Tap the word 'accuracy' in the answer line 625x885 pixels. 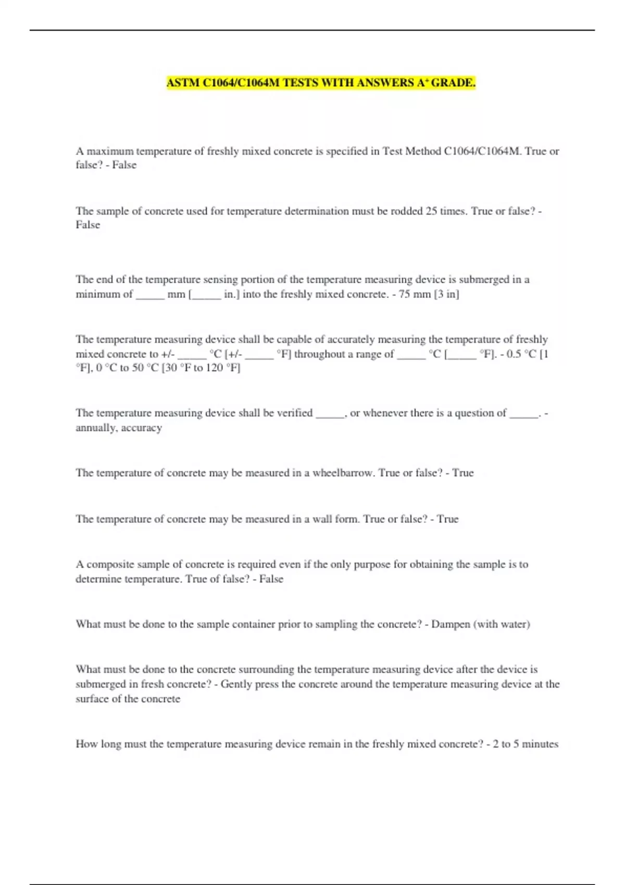[x=142, y=428]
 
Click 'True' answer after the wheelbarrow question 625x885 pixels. [x=463, y=473]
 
